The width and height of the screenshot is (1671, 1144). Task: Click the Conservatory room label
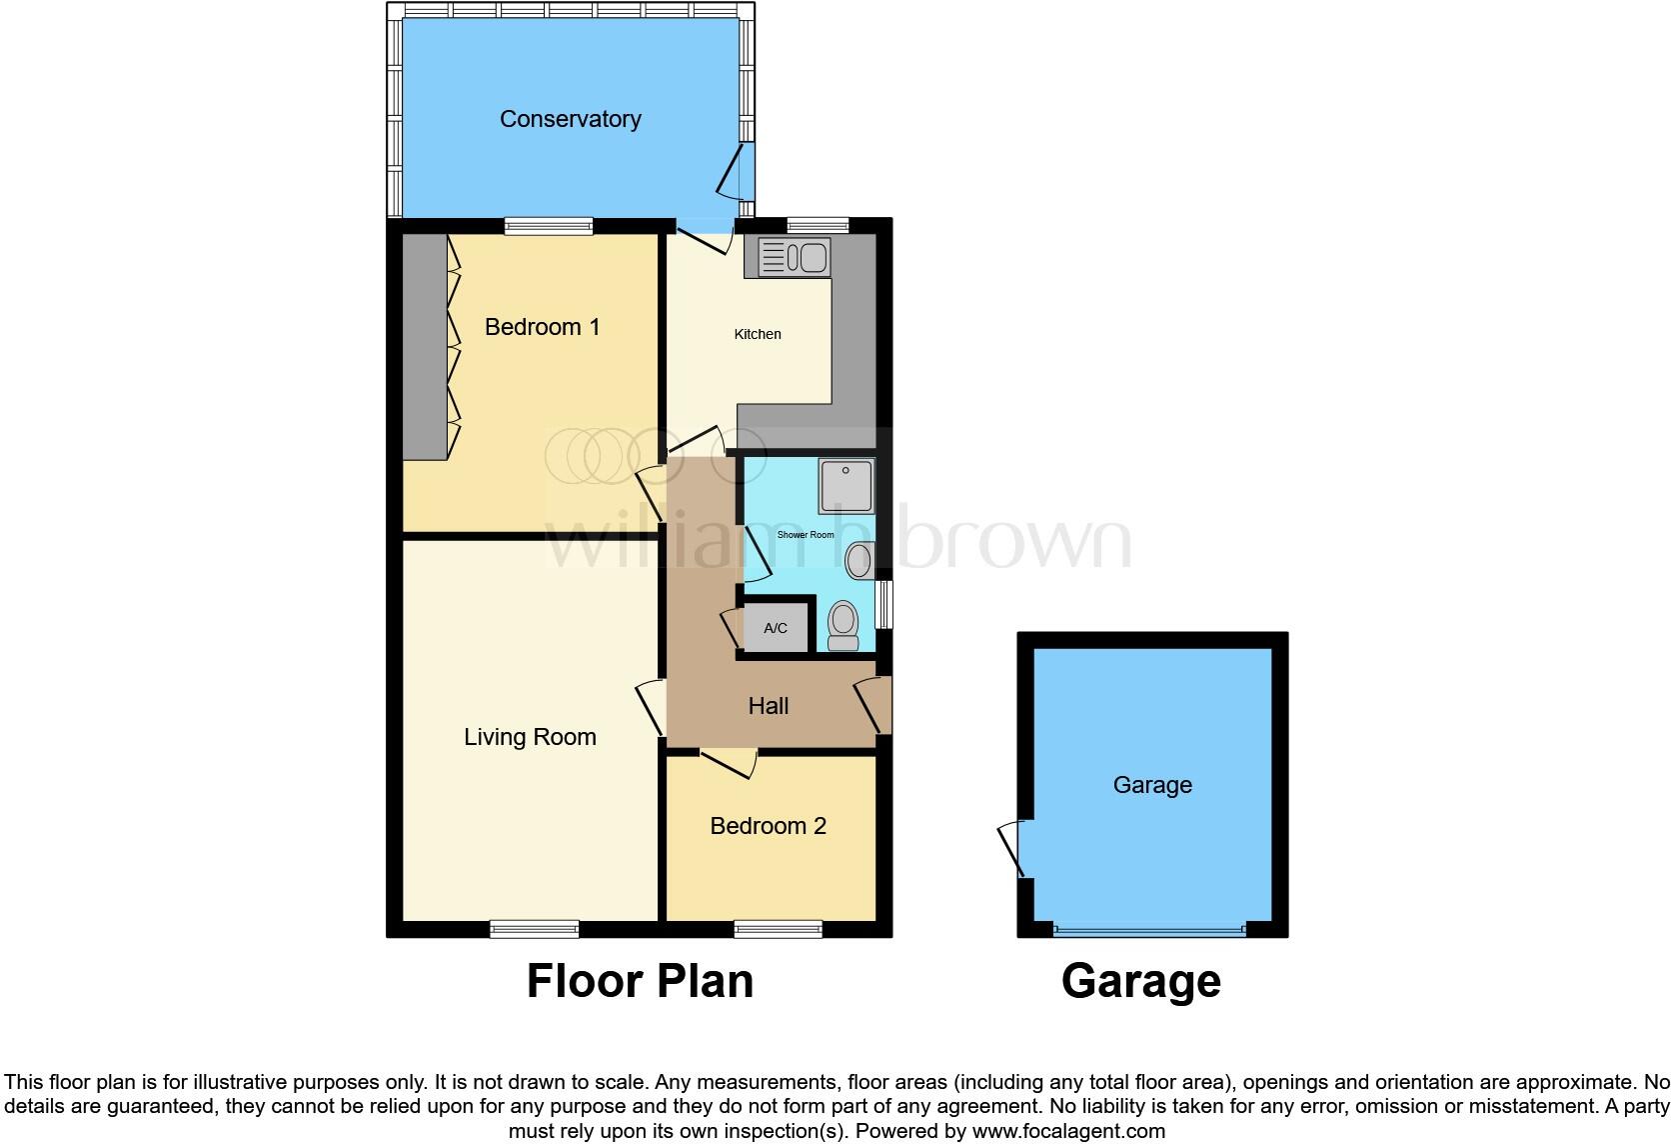point(570,119)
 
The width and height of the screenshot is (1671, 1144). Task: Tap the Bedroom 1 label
point(542,327)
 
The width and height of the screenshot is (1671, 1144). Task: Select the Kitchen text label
point(758,334)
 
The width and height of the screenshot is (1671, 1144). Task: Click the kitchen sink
point(795,257)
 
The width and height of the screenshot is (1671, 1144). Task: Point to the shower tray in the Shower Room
point(845,485)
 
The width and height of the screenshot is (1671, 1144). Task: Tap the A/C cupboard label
point(776,629)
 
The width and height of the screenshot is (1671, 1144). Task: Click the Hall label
point(769,706)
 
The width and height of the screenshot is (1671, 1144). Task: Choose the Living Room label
point(530,737)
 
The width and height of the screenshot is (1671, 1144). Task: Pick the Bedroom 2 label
point(768,826)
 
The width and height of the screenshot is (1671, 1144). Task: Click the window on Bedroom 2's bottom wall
point(778,930)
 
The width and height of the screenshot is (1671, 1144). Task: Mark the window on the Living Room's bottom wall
point(534,930)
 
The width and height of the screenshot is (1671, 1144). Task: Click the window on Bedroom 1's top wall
point(548,227)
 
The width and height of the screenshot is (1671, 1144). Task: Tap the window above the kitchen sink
point(817,226)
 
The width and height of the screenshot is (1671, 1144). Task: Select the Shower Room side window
point(883,604)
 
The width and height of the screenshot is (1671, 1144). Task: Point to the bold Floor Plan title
point(640,981)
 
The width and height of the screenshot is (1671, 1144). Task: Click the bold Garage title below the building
point(1140,981)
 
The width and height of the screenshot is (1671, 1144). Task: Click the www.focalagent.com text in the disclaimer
point(1068,1132)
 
